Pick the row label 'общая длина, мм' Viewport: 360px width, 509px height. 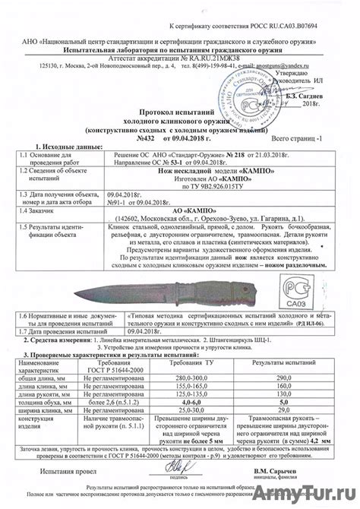[x=43, y=378]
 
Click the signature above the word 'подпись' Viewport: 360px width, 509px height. [x=173, y=468]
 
